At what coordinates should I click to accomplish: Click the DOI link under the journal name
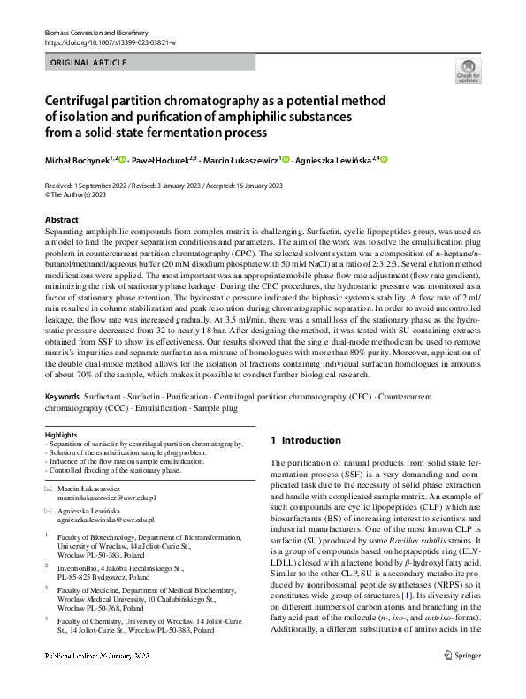[x=103, y=42]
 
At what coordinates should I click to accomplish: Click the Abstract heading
[x=61, y=219]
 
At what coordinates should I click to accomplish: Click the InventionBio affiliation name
[x=78, y=568]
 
